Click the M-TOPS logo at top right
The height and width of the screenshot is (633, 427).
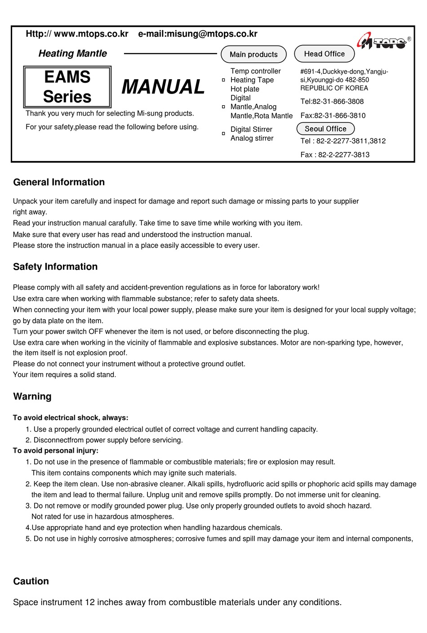coord(383,42)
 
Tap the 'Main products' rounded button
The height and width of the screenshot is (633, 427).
coord(254,54)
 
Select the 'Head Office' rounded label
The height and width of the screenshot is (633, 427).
coord(324,54)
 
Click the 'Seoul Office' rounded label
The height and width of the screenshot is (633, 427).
coord(325,129)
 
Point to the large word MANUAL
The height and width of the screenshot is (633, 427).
coord(163,87)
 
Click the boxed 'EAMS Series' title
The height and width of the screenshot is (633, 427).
coord(67,87)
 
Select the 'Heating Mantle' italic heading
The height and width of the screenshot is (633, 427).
coord(73,53)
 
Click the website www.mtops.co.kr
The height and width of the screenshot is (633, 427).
coord(91,34)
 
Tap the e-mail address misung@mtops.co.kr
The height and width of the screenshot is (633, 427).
coord(212,34)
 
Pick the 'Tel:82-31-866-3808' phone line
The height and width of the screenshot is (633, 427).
coord(332,102)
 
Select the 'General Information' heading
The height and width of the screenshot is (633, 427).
coord(59,182)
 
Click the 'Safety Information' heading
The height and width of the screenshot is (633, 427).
coord(55,267)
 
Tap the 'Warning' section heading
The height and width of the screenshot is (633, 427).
coord(32,397)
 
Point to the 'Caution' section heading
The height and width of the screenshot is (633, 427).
coord(31,581)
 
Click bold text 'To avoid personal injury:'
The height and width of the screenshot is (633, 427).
coord(56,450)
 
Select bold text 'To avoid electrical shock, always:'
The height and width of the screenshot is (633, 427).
coord(71,418)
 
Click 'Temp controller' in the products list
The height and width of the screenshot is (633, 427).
coord(255,71)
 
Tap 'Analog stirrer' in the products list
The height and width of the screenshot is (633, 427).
coord(252,138)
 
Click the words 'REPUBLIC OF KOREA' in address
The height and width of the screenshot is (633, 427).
coord(334,88)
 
